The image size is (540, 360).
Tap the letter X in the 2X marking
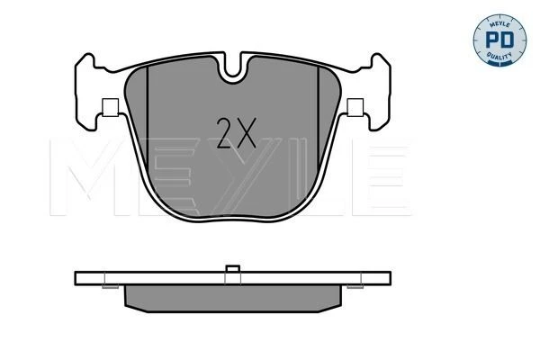tap(247, 133)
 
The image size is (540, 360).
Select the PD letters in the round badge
tap(499, 40)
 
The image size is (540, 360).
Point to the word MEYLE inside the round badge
tap(499, 23)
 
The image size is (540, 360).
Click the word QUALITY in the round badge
tap(499, 56)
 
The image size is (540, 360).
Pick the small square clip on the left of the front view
tap(110, 107)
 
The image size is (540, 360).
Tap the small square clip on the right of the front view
tap(355, 107)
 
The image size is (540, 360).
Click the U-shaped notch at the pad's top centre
tap(233, 68)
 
